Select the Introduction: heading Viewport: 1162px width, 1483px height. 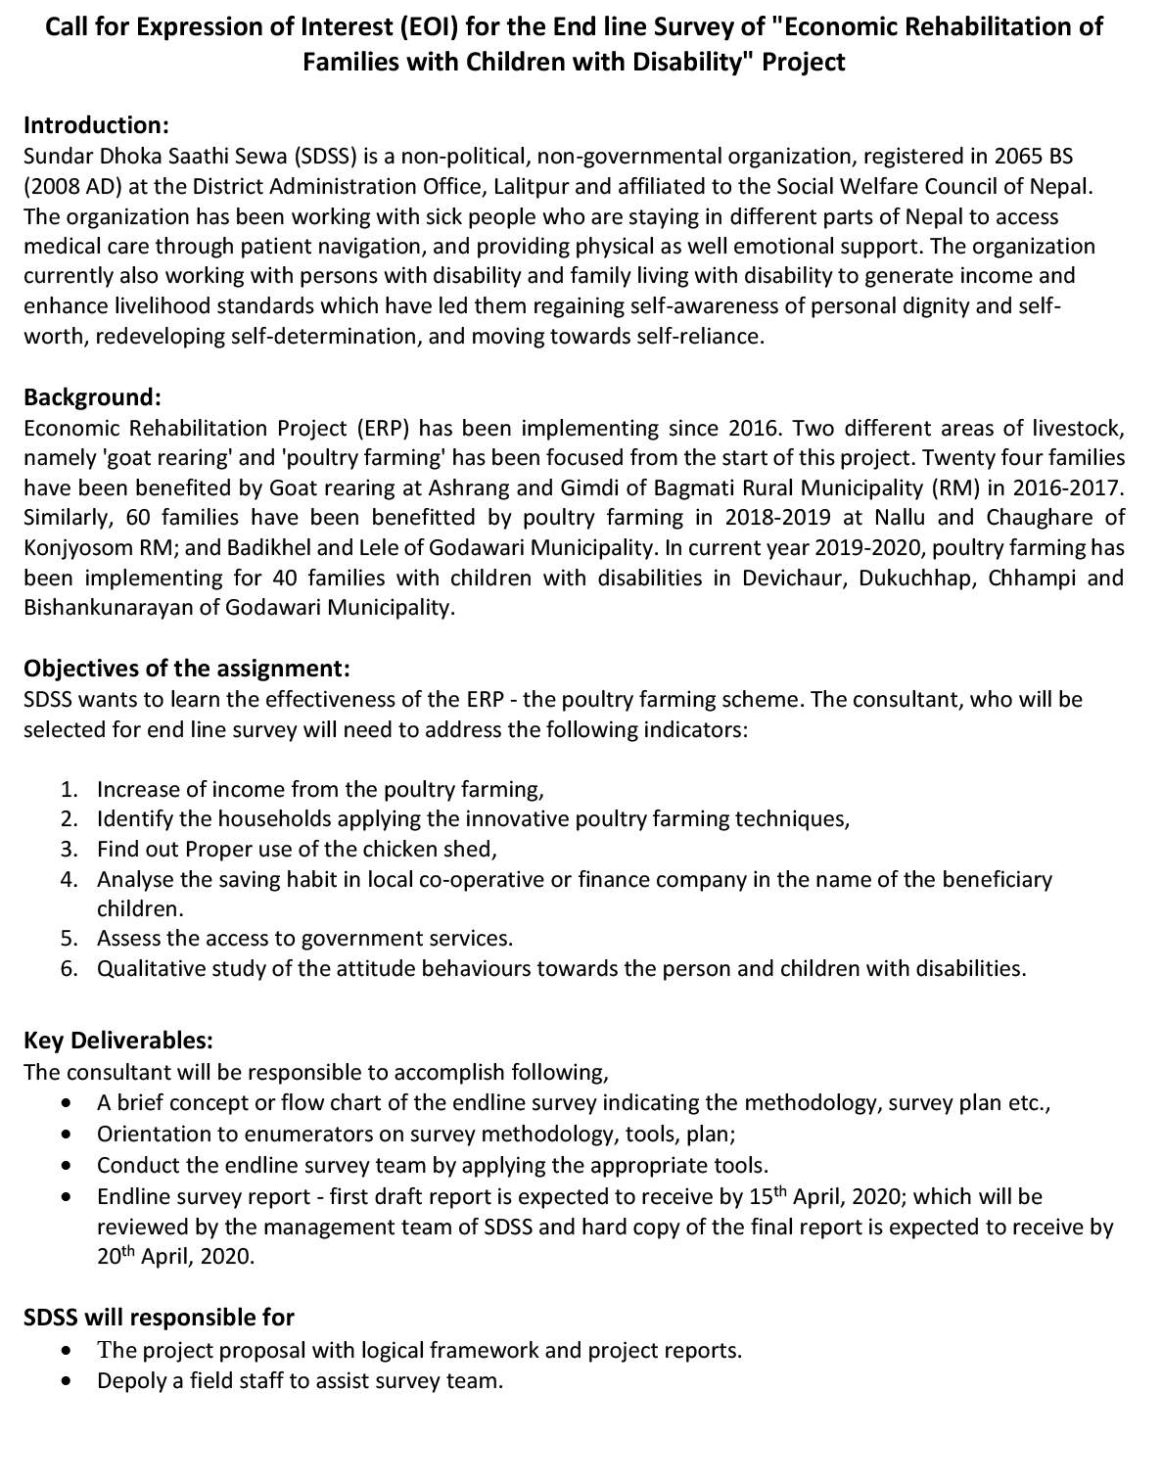[97, 125]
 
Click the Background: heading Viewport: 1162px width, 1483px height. [92, 397]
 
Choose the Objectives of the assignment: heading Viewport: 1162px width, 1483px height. [186, 669]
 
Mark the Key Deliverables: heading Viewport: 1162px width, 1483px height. [118, 1040]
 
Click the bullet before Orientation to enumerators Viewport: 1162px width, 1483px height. [66, 1135]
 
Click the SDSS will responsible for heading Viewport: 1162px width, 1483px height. [159, 1318]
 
